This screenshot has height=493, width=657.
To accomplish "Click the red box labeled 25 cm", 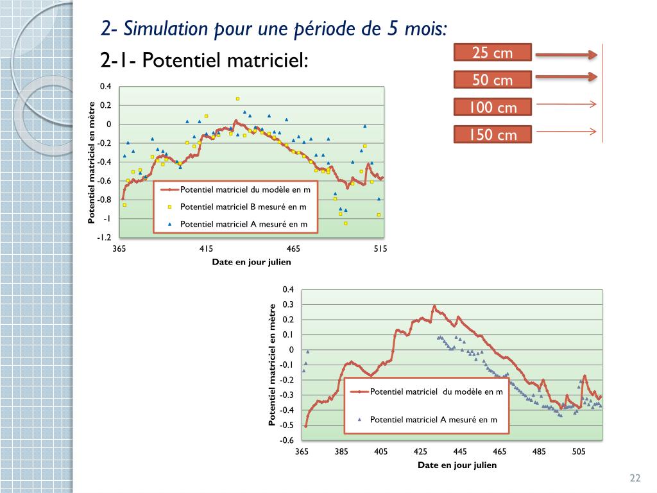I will coord(493,53).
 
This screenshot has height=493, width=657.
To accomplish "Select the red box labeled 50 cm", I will coord(493,80).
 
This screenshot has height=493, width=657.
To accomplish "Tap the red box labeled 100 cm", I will coord(493,107).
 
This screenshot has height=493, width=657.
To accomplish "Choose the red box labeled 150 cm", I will coord(493,134).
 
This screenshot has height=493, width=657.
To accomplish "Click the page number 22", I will coord(635,478).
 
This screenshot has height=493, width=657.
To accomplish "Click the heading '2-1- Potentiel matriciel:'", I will coord(205,61).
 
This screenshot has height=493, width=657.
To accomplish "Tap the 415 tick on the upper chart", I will coord(206,248).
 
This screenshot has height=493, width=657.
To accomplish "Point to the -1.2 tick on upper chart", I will coord(104,238).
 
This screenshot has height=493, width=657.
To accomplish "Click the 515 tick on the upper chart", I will coord(380,248).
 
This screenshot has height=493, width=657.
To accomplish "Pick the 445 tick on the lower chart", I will coord(460,452).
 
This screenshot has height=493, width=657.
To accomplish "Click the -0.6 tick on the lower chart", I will coord(286,440).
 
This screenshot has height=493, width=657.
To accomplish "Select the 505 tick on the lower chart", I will coord(579,452).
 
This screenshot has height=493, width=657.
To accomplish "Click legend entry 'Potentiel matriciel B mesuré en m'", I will coord(243,207).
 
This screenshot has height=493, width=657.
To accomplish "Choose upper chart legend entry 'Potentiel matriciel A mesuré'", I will coord(243,224).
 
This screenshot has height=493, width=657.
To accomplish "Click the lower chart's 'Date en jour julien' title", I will coord(457,465).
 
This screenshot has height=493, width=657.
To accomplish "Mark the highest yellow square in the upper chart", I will coord(237,98).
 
